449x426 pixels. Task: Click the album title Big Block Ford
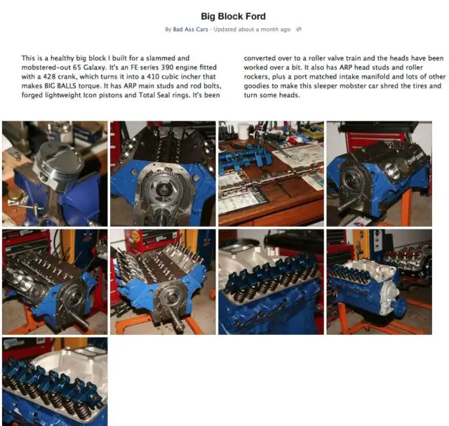(233, 16)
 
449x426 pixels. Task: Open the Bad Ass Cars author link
(190, 29)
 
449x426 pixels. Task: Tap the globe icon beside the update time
(298, 29)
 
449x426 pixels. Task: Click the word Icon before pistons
(90, 95)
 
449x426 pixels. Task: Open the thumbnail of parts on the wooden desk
(271, 173)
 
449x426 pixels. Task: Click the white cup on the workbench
(243, 131)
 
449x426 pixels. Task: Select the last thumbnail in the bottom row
(55, 382)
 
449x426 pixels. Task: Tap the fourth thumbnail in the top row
(379, 173)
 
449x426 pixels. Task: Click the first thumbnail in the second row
(55, 282)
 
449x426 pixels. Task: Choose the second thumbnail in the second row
(163, 282)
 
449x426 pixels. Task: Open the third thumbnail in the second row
(271, 282)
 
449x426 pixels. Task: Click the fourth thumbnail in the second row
(379, 282)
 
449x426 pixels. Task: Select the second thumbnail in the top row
(163, 173)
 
